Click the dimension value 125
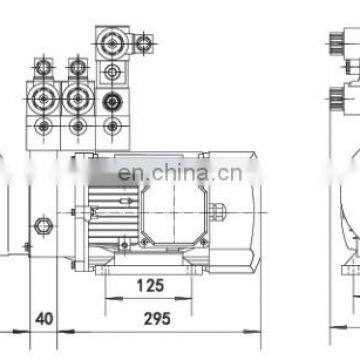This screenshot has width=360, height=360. click(151, 286)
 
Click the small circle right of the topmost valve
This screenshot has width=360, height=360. click(145, 43)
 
